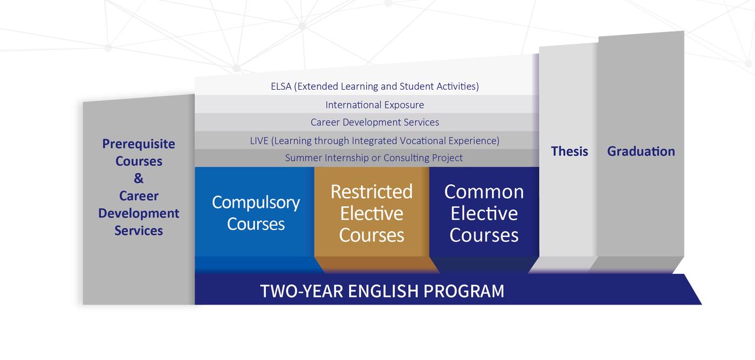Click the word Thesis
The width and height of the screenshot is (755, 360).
point(569,151)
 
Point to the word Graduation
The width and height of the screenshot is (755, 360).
point(641,151)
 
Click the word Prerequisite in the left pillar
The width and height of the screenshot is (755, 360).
point(139,144)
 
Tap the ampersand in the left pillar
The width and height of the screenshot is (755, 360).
point(139,178)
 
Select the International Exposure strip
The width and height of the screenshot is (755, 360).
point(367,104)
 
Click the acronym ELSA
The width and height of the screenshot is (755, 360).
point(281,86)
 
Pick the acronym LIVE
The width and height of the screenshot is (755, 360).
point(259,140)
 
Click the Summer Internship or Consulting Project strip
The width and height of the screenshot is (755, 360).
point(367,158)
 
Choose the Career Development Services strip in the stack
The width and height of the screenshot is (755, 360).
point(367,122)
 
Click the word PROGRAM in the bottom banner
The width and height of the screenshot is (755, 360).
point(464,291)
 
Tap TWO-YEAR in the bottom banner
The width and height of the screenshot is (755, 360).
point(301,291)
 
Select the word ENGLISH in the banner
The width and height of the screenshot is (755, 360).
point(383,291)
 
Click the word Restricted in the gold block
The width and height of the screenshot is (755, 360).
point(372,192)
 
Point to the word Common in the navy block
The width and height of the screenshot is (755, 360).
point(484,192)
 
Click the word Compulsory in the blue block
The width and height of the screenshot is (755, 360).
point(256,203)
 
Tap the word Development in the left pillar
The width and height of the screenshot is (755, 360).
point(139,214)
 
